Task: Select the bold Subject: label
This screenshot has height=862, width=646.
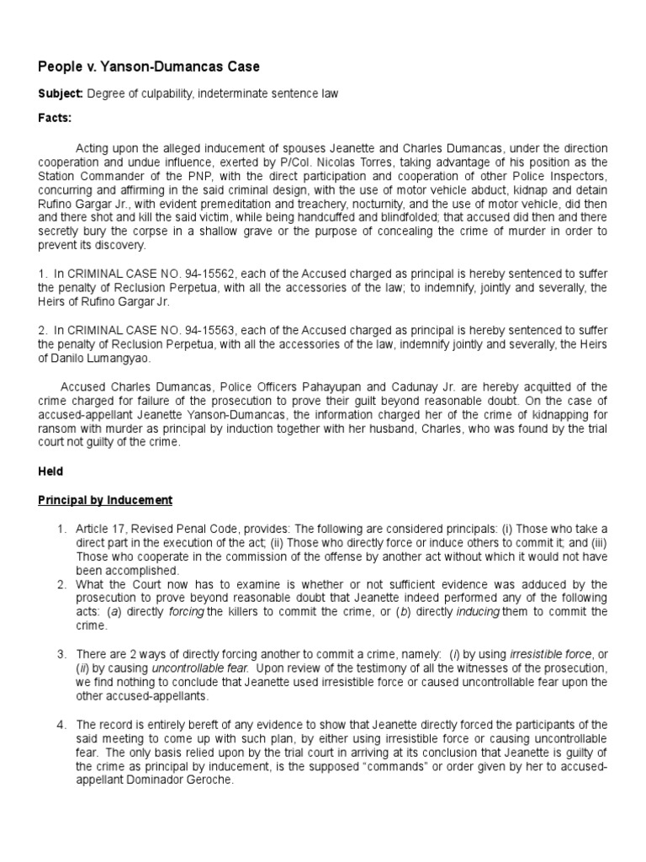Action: pos(60,94)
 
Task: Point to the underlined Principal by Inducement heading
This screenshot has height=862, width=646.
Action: pos(105,500)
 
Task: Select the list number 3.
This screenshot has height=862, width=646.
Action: pos(61,654)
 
